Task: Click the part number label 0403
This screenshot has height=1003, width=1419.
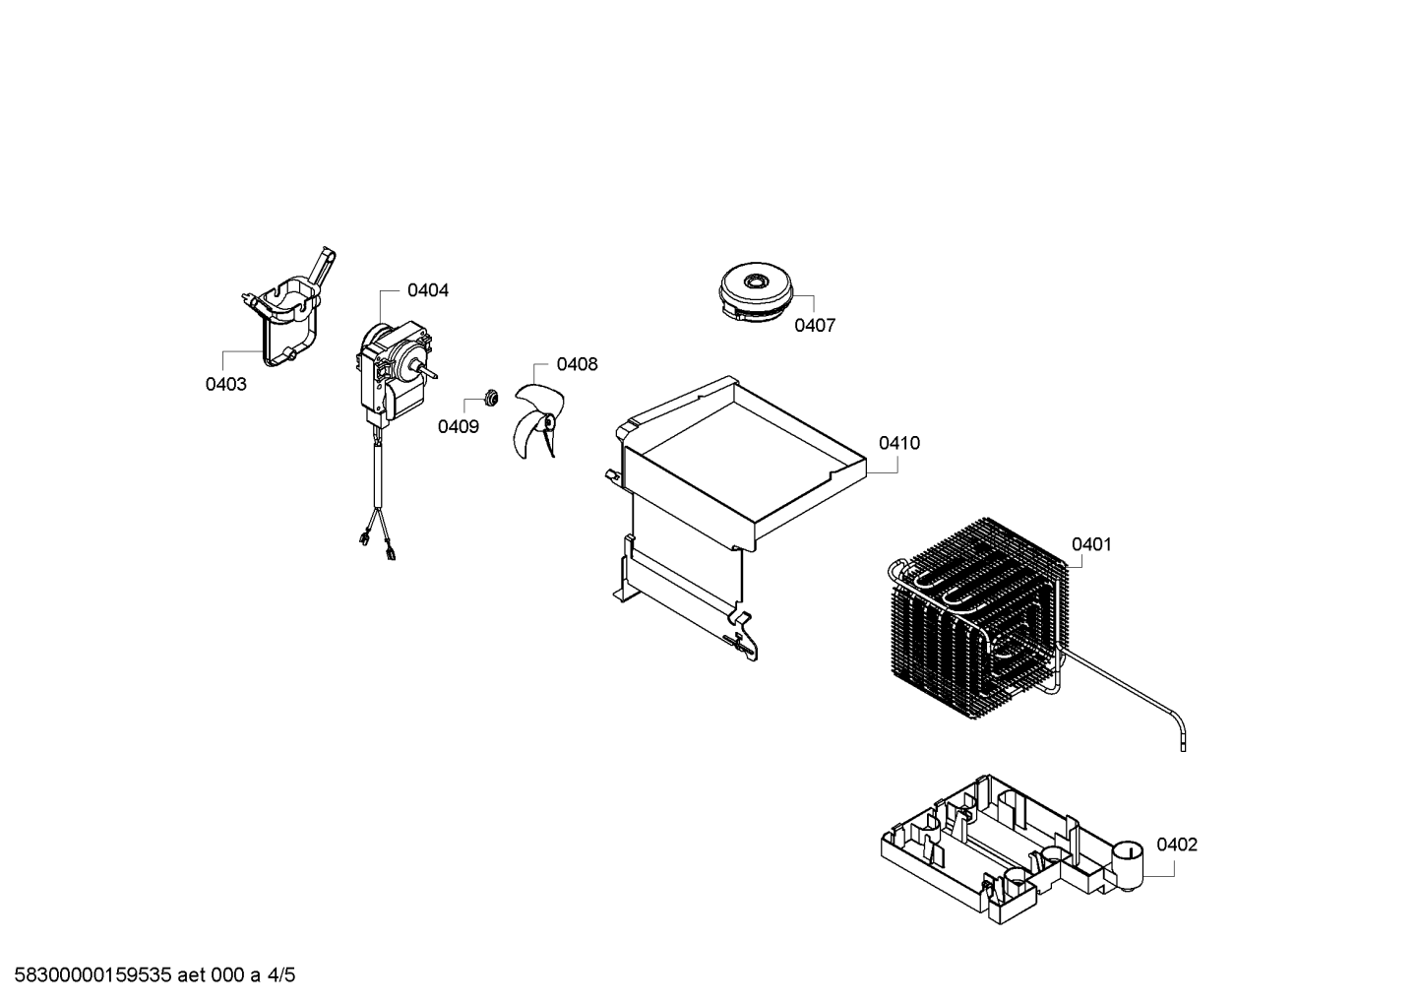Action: pos(225,384)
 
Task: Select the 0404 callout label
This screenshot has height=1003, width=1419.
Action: pos(428,290)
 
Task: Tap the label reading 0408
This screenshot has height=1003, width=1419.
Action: pos(577,364)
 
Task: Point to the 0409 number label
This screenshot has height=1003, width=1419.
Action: pos(458,426)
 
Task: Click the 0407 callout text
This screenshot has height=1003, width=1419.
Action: pos(815,325)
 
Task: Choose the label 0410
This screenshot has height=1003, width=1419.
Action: pos(898,443)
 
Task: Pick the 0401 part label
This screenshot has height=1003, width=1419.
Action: pos(1091,544)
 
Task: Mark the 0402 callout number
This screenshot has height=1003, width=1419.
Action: pos(1177,845)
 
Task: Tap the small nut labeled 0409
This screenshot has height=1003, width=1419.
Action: pos(490,398)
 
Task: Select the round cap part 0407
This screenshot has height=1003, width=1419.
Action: pos(756,292)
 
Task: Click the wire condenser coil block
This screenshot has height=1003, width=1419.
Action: pos(979,618)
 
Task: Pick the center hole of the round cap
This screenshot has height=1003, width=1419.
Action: pos(755,281)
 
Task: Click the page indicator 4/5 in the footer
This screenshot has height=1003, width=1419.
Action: pos(280,975)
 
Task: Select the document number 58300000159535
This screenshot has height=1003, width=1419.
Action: pos(93,975)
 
